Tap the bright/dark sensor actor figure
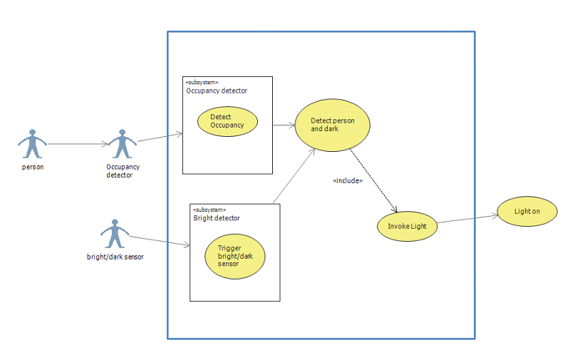[x=114, y=233]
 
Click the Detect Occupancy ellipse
[x=227, y=121]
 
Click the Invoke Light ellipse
[x=407, y=226]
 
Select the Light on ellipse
[x=527, y=212]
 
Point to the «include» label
[x=348, y=181]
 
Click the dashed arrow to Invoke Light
[x=374, y=182]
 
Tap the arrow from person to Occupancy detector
[x=77, y=143]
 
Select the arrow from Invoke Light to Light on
[x=467, y=220]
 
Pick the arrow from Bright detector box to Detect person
[x=294, y=175]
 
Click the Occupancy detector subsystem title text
[x=217, y=91]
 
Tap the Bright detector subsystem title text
[x=217, y=218]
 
